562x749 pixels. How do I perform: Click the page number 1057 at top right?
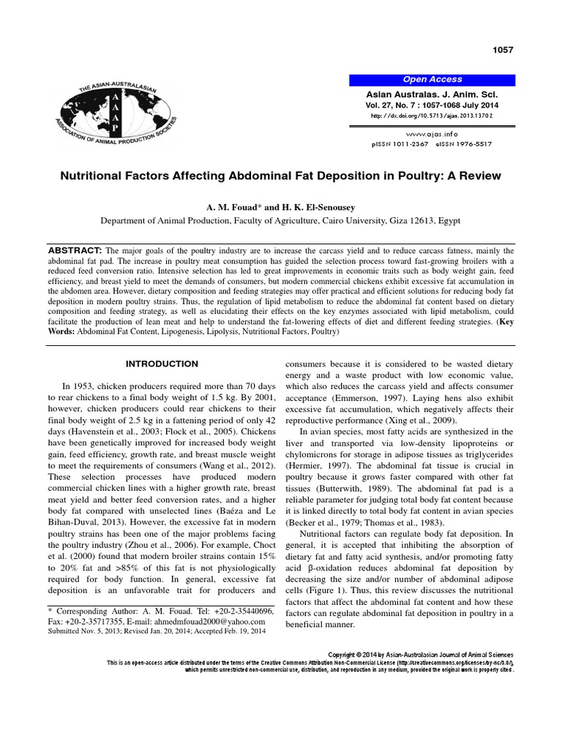pos(503,50)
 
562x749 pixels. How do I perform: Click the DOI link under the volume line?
pos(432,116)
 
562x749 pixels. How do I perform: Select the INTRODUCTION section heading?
pos(162,364)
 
